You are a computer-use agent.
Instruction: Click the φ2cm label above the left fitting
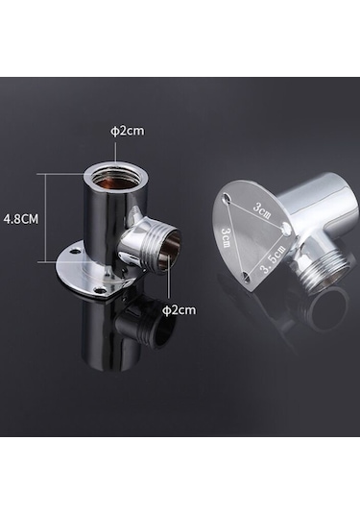[x=128, y=131]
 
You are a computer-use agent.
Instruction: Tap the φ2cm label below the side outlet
[x=180, y=309]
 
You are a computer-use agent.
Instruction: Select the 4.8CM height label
[x=20, y=219]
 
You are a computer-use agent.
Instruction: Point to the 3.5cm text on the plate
[x=273, y=259]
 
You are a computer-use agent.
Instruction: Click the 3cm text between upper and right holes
[x=262, y=211]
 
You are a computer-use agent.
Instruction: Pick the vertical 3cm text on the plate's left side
[x=226, y=238]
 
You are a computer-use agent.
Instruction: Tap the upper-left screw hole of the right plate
[x=227, y=197]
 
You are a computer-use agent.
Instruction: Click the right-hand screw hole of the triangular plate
[x=286, y=227]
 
